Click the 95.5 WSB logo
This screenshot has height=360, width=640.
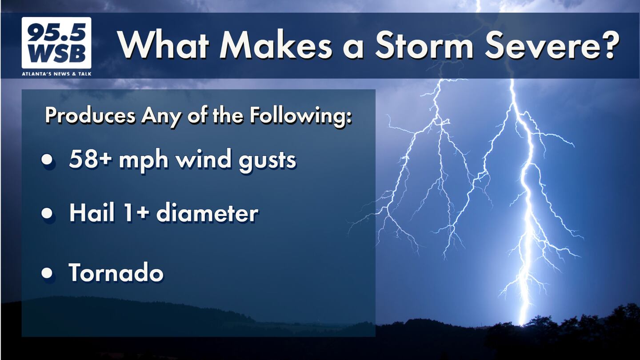pos(56,43)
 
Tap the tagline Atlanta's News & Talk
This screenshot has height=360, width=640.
pos(56,74)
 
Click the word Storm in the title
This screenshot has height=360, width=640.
pos(424,46)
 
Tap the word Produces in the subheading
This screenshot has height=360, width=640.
pos(90,116)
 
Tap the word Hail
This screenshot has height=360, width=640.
pos(92,212)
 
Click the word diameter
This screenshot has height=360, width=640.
pos(208,213)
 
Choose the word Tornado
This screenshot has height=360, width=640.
pos(116,272)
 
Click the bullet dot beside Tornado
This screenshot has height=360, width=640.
pos(47,273)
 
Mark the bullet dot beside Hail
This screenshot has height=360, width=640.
pos(47,213)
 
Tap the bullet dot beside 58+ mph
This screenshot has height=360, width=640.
pos(47,159)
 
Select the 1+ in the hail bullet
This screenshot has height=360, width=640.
pos(136,213)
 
